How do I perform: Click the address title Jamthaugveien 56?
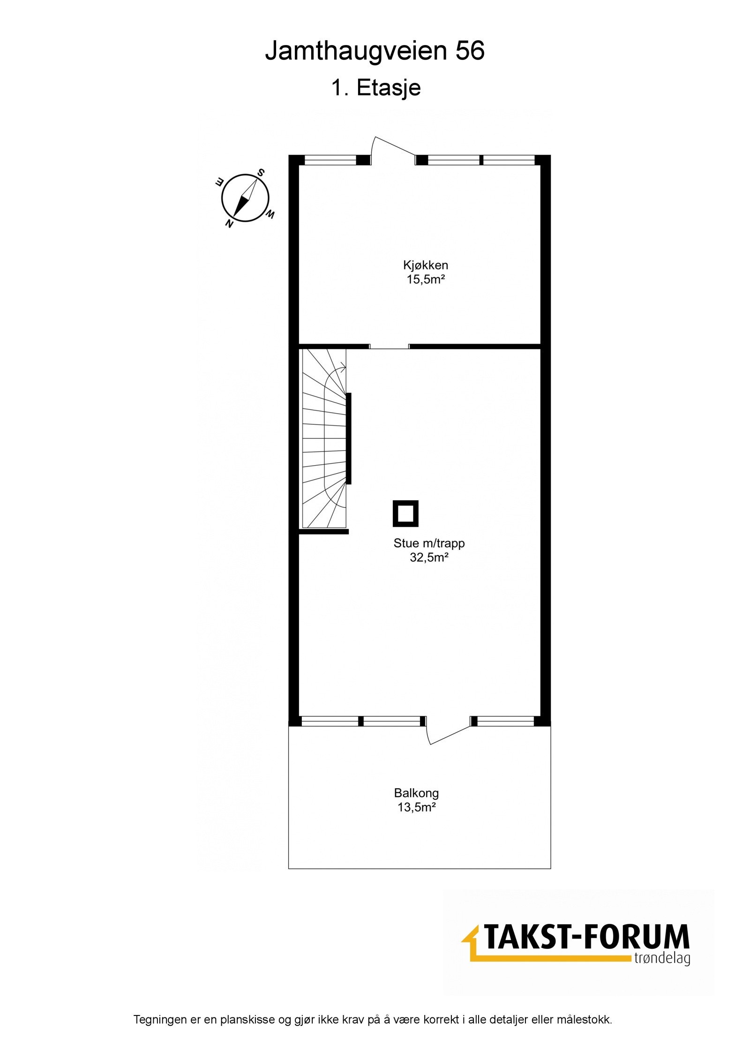[375, 51]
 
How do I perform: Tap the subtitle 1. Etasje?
[376, 88]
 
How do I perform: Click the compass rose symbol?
[245, 197]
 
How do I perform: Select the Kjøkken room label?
[425, 265]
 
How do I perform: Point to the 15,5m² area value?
[425, 280]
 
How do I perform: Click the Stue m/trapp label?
[429, 543]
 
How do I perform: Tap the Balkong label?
[416, 793]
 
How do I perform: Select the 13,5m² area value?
[416, 807]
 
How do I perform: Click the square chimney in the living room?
[405, 513]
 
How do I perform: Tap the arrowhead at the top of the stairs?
[344, 369]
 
